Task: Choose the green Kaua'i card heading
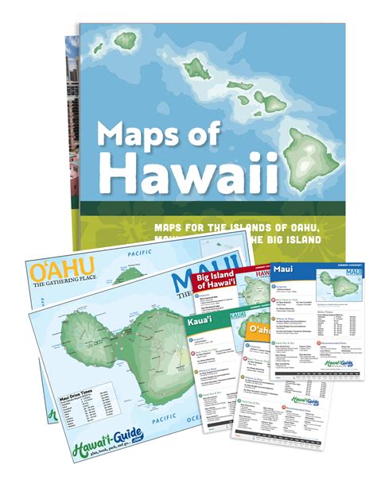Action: coord(200,324)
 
